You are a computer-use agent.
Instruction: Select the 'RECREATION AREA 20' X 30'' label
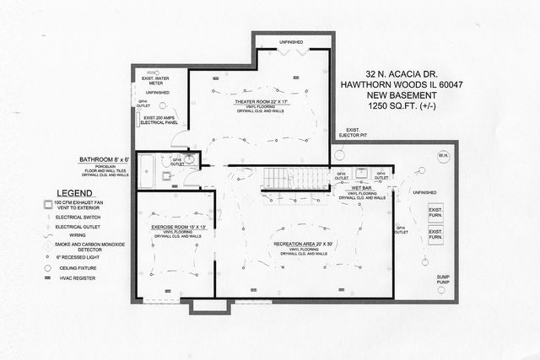click(304, 243)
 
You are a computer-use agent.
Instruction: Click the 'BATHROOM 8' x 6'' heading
click(104, 159)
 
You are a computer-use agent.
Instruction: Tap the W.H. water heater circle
click(444, 157)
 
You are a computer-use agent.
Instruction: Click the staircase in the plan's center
click(294, 178)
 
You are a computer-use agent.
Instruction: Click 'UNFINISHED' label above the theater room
click(294, 41)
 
